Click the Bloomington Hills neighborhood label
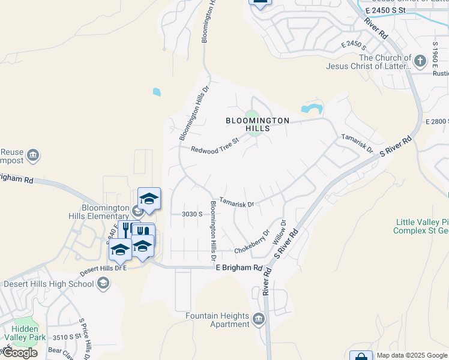coord(258,124)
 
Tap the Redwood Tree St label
coord(215,146)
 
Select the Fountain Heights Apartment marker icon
coord(259,318)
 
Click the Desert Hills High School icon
coord(103,283)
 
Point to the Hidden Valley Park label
coord(25,334)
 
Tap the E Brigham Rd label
coord(239,268)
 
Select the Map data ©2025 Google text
coord(412,355)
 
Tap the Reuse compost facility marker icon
coord(34,156)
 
